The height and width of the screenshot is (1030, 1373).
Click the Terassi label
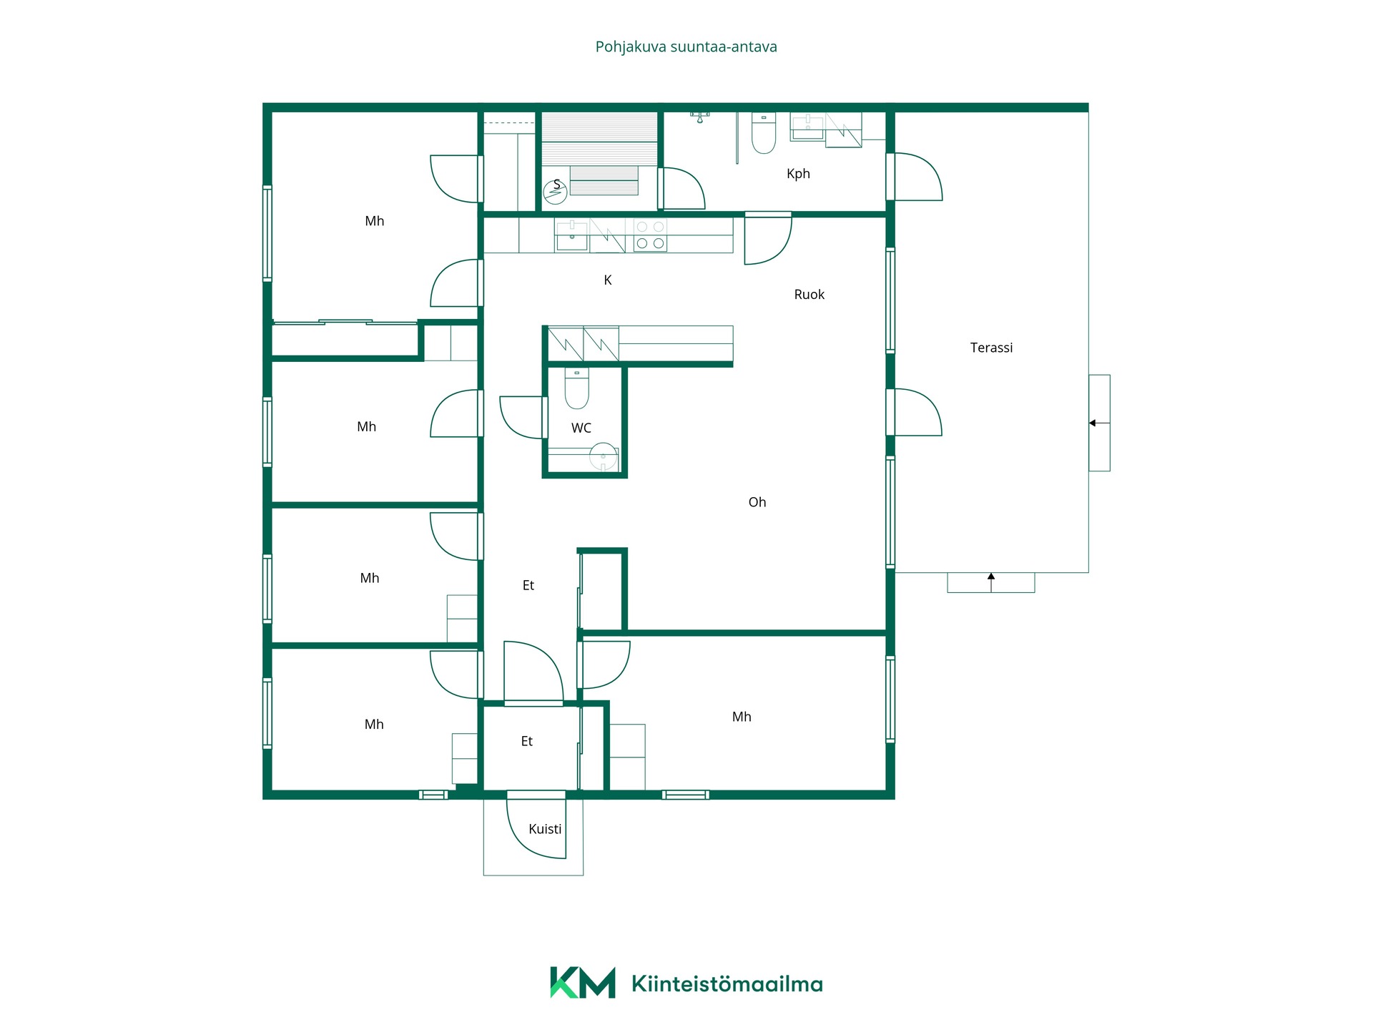pyautogui.click(x=991, y=348)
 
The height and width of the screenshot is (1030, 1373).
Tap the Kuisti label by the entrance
pyautogui.click(x=545, y=829)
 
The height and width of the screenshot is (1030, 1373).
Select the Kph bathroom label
pyautogui.click(x=798, y=174)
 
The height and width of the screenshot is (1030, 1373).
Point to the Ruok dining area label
pyautogui.click(x=809, y=295)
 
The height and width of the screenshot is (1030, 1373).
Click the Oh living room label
pyautogui.click(x=757, y=502)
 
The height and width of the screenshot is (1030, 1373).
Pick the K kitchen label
pyautogui.click(x=607, y=280)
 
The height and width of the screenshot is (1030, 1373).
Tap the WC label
pyautogui.click(x=581, y=428)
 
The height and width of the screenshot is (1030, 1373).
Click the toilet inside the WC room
pyautogui.click(x=576, y=388)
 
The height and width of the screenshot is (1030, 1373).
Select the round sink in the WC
pyautogui.click(x=604, y=456)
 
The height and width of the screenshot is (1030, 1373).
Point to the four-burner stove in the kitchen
pyautogui.click(x=650, y=235)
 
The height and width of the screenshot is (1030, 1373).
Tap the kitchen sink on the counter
pyautogui.click(x=572, y=235)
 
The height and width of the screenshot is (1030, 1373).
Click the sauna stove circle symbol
pyautogui.click(x=555, y=192)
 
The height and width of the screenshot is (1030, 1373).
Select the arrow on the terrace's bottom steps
pyautogui.click(x=991, y=582)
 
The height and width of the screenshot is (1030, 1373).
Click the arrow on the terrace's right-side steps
pyautogui.click(x=1099, y=423)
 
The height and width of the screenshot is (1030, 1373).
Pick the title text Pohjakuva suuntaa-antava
pyautogui.click(x=686, y=47)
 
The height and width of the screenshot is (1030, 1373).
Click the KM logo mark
pyautogui.click(x=582, y=983)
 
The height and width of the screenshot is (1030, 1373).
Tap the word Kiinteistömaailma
pyautogui.click(x=727, y=984)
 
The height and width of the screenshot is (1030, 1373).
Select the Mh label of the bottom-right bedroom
pyautogui.click(x=742, y=717)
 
